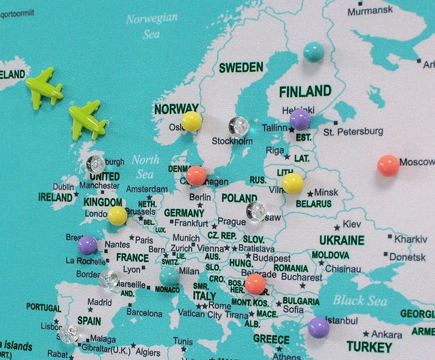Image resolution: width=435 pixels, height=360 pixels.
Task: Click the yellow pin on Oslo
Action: coord(192,121)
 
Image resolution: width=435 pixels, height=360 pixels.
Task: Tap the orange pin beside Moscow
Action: coord(388,165)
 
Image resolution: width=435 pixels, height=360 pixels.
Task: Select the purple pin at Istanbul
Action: coord(319,327)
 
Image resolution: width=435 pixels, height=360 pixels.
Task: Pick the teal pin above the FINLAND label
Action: coord(313,52)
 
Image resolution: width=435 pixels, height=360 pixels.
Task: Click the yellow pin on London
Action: coord(117,216)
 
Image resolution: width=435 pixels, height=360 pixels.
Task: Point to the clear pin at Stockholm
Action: coord(239,126)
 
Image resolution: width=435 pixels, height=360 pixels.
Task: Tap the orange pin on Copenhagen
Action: coord(196,175)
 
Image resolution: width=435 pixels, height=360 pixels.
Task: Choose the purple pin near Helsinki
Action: coord(300,120)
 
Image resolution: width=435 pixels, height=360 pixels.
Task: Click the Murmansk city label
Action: coord(370,10)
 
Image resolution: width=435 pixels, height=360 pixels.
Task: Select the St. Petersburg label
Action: coord(353,131)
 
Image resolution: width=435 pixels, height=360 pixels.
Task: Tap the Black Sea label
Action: coord(360,301)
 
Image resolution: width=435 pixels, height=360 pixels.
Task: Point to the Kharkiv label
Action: coord(411,239)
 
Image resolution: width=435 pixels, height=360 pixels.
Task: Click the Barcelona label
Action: coord(144,313)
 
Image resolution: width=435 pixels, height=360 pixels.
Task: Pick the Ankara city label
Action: coord(386,334)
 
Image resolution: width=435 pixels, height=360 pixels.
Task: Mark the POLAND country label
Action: coord(239,198)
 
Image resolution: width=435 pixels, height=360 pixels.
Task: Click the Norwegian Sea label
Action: coord(152,25)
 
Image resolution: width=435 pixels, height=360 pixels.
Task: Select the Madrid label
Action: coord(99,302)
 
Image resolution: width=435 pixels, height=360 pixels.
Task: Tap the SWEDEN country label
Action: coord(241,67)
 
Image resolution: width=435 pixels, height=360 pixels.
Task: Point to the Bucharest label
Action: coord(301,277)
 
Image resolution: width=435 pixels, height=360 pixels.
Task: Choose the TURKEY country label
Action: coord(369,346)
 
